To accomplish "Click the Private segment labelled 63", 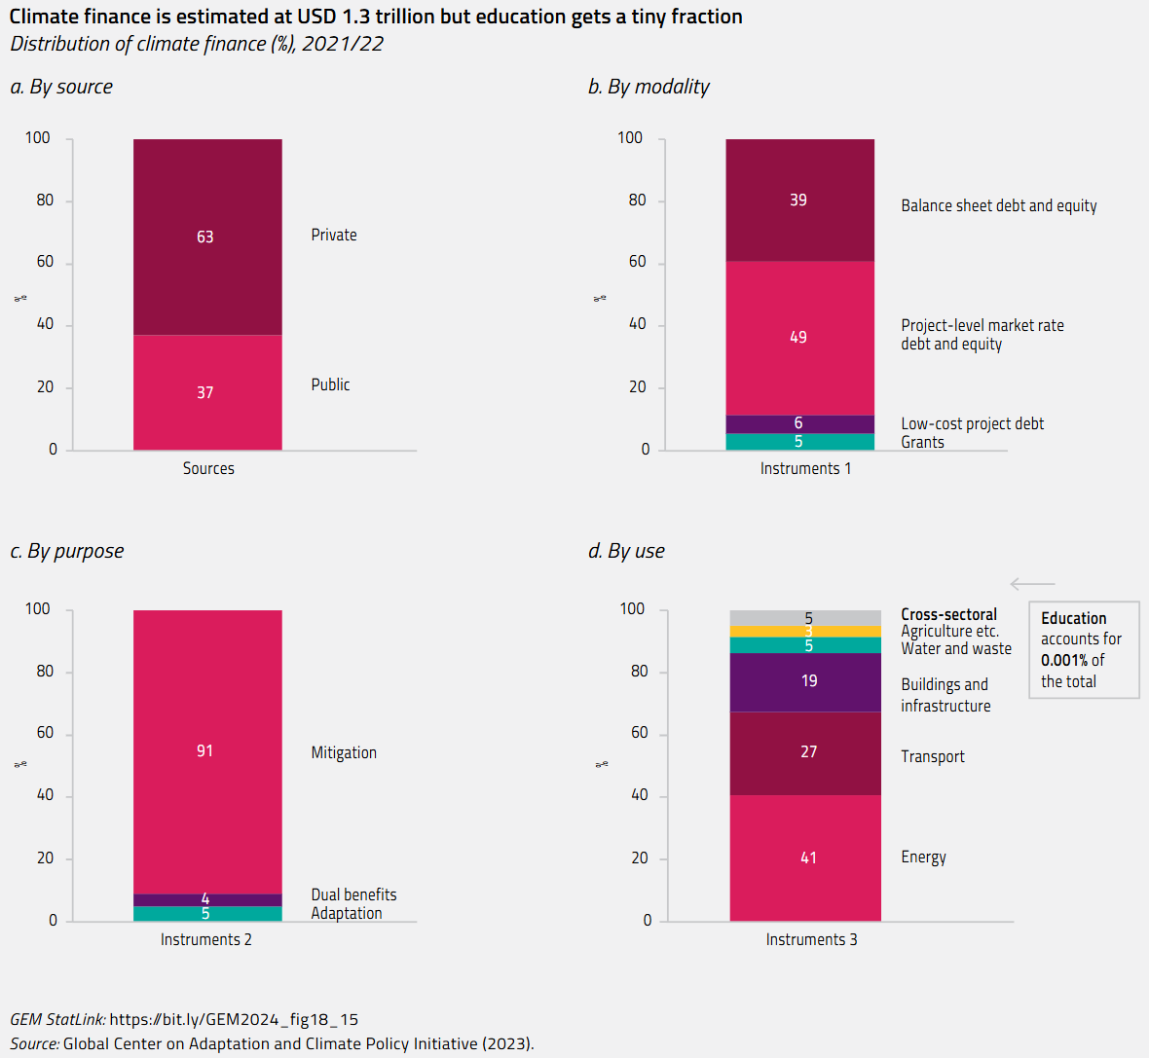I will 207,237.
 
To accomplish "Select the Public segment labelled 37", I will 207,392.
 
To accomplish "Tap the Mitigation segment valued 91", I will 207,751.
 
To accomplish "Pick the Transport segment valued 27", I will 805,752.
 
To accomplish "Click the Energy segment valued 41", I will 805,857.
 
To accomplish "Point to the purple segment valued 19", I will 805,681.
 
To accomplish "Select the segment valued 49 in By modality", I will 799,338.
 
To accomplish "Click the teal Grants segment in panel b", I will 799,442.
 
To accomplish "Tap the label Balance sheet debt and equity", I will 998,205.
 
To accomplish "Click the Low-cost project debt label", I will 972,423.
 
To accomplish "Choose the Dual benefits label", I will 353,894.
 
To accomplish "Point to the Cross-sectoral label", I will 948,614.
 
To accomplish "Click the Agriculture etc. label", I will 949,631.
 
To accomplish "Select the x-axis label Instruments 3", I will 811,939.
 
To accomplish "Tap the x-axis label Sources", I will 208,468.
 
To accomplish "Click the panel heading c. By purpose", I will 67,551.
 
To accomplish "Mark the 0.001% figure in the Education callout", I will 1063,660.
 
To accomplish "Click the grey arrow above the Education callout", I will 1032,584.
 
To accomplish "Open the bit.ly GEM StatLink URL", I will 234,1019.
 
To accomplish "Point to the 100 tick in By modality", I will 630,138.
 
